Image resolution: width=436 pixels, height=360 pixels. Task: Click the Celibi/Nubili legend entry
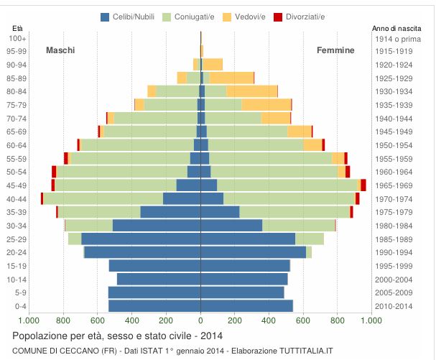click(x=135, y=17)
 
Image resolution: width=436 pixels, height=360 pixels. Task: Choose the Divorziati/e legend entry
click(x=300, y=17)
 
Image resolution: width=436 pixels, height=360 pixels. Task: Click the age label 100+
click(x=18, y=38)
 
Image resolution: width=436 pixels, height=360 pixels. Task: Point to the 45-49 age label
click(x=17, y=185)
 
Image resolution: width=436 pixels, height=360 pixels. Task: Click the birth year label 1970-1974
click(x=394, y=199)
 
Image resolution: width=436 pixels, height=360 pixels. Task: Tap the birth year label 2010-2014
click(x=394, y=306)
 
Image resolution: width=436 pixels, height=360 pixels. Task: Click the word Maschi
click(x=60, y=50)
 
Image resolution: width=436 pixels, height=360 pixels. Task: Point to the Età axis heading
click(x=18, y=28)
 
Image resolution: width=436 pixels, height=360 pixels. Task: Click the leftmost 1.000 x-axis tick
click(x=29, y=321)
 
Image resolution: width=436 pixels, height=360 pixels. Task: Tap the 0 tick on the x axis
click(x=200, y=321)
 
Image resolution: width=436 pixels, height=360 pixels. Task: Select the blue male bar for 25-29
click(x=141, y=239)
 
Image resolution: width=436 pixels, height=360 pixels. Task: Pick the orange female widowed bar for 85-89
click(x=231, y=78)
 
